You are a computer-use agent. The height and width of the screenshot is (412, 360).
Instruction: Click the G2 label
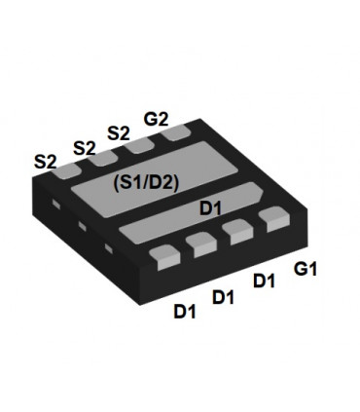point(156,119)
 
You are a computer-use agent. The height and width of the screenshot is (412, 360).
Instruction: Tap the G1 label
point(306,267)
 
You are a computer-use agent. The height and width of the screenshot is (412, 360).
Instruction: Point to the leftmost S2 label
point(46,161)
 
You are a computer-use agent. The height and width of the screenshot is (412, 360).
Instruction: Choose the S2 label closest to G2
point(119,133)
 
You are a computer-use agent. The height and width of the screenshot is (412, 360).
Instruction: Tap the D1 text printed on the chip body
point(211,207)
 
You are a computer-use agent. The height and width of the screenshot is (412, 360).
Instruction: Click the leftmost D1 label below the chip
point(185,312)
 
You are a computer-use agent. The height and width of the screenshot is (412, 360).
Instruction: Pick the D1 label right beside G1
point(264,281)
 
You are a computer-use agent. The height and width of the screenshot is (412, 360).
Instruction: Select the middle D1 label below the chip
point(224,296)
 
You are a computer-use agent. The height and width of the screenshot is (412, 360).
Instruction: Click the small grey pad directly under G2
point(177,134)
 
